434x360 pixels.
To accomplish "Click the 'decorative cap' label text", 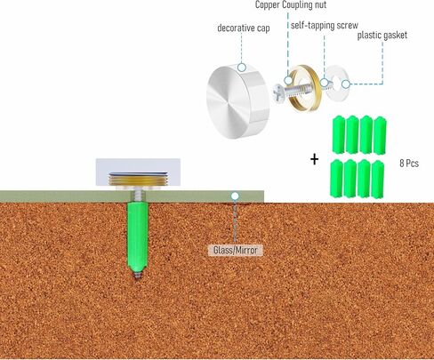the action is point(244,28).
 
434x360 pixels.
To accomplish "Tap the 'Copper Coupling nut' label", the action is point(291,4).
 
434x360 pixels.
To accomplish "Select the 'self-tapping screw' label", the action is point(325,26).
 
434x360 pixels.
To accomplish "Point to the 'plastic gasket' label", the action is point(382,36).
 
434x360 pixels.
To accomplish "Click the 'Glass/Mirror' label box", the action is point(236,251).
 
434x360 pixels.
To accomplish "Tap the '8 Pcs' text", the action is point(409,164).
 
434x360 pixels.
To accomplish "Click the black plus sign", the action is point(314,160).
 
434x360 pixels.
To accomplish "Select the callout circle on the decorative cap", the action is point(242,68).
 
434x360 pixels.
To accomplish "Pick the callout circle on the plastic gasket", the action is point(345,84).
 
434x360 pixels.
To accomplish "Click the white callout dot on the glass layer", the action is point(235,196).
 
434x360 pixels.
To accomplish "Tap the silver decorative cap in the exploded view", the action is point(238,102).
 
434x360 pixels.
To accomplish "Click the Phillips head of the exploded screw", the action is point(278,94).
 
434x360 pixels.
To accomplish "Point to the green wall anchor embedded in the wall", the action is point(137,236).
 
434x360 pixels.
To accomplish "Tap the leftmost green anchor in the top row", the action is point(338,135).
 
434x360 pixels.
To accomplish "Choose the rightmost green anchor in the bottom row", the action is point(377,180).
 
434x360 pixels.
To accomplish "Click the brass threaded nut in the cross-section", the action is point(138,180).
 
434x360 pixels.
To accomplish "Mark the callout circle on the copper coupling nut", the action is point(288,80).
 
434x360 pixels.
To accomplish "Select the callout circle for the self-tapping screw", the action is point(325,83).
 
